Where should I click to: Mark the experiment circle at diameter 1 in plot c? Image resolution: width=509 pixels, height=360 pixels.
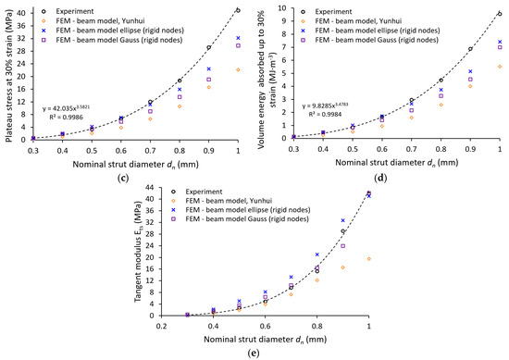238,10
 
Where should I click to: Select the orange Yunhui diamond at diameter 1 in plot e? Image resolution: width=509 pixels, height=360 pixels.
369,259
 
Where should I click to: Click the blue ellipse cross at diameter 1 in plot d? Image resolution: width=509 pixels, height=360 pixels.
500,42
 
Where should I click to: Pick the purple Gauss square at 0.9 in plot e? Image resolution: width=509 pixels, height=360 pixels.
343,246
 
